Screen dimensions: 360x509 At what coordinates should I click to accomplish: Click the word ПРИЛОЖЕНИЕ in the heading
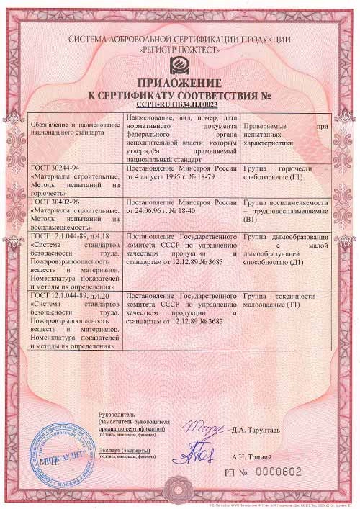point(179,82)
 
